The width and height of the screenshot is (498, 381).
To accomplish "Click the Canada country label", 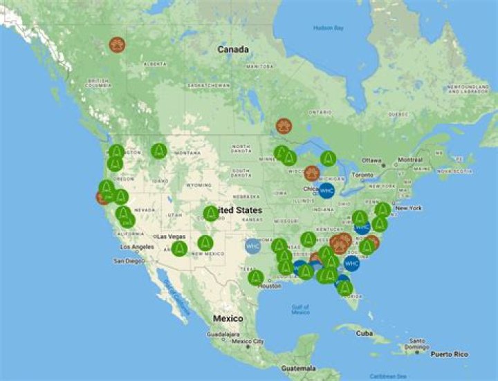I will pos(232,50).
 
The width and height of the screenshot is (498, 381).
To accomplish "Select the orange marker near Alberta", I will pos(117,45).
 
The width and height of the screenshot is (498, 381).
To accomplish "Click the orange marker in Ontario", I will pos(284,126).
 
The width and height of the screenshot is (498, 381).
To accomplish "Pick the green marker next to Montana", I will pos(159,151).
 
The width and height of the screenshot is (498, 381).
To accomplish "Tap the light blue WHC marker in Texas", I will pos(252,245).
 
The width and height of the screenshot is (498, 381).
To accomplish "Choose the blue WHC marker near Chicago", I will pos(326,190).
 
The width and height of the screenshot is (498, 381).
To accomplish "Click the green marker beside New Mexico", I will pos(205,243).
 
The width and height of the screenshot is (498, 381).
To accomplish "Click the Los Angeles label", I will pos(137,247).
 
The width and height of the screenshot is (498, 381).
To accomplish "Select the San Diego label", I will pos(127,261).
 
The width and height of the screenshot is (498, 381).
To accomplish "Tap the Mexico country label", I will pos(228,319).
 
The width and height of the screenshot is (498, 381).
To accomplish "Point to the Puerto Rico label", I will pos(449,354).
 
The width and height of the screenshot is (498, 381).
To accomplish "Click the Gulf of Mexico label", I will pos(300,309).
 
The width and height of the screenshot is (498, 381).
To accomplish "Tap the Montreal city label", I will pos(410,160).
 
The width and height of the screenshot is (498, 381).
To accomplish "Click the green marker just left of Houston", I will pos(256,278).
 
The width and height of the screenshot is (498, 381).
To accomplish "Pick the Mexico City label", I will pos(248,342).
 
